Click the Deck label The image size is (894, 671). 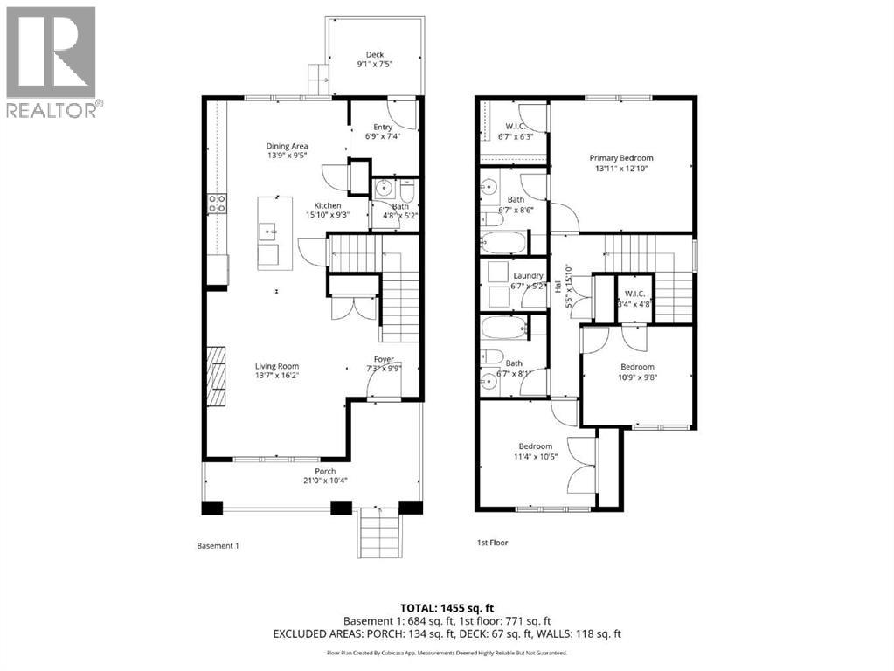coord(375,55)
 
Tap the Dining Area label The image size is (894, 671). coord(288,147)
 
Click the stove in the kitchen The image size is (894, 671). coord(216,204)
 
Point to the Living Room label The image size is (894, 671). coord(277,366)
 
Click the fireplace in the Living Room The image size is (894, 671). coord(216,376)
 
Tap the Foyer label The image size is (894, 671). coord(384,359)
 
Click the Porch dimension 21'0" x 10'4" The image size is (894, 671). coord(320,481)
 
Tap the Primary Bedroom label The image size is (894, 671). coord(620,158)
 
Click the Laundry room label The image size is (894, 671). coord(528,276)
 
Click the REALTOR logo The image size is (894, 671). coord(52,61)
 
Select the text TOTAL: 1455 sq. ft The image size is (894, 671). coord(447,609)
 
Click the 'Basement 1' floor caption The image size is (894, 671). coord(218,545)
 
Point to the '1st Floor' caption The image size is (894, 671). coord(492,543)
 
